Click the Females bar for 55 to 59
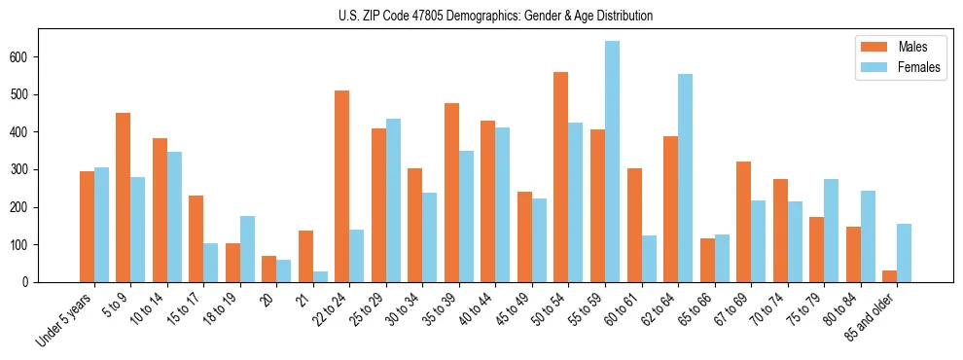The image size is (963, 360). pyautogui.click(x=612, y=162)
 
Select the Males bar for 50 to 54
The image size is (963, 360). pyautogui.click(x=560, y=177)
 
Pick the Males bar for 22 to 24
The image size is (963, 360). pyautogui.click(x=341, y=186)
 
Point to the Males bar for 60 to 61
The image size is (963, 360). pyautogui.click(x=634, y=225)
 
